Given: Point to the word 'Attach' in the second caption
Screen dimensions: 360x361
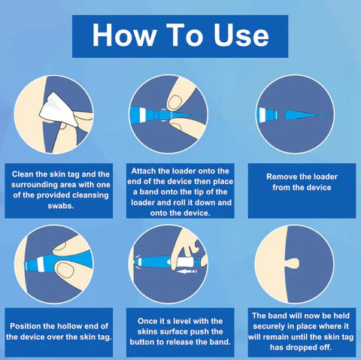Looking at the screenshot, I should tap(148, 171).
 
